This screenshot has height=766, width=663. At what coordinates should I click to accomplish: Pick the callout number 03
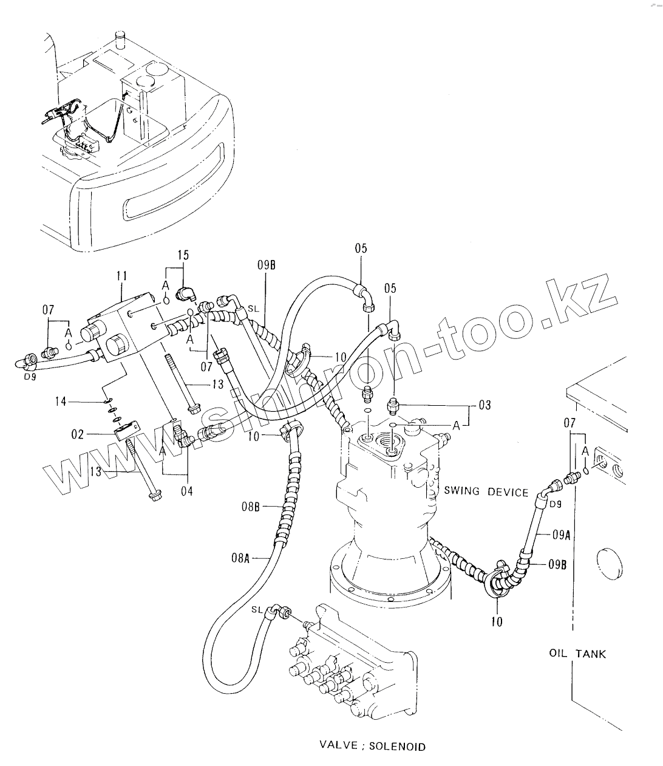coord(484,405)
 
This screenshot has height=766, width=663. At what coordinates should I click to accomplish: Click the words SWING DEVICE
coord(486,492)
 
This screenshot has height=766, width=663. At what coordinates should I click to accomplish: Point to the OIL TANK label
coord(577,654)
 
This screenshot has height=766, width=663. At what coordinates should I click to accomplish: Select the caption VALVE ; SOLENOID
coord(373,747)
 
